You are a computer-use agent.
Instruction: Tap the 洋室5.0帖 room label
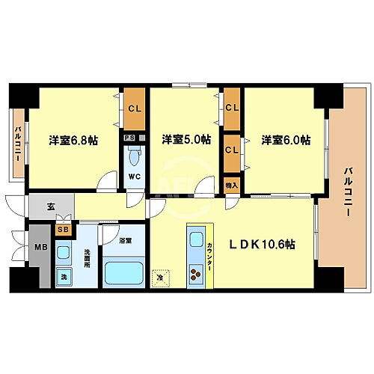(186, 139)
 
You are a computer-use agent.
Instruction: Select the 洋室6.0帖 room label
(285, 140)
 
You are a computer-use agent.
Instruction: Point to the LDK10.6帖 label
(261, 243)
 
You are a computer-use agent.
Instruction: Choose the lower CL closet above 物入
(232, 149)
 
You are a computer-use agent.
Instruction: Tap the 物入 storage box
(232, 185)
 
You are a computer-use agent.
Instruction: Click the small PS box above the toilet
(129, 138)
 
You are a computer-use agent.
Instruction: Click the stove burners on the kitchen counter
(196, 274)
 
